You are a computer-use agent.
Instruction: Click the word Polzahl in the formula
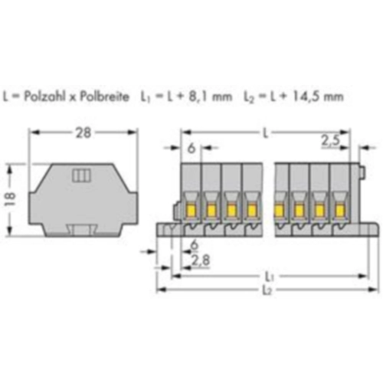[44, 97]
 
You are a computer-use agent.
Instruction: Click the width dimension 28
[83, 133]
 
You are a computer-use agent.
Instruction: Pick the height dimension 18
[11, 200]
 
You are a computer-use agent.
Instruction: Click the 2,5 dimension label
[331, 140]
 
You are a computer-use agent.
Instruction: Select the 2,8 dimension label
[201, 260]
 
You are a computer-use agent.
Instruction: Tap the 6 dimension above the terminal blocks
[191, 149]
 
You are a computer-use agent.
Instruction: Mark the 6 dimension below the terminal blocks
[195, 245]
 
